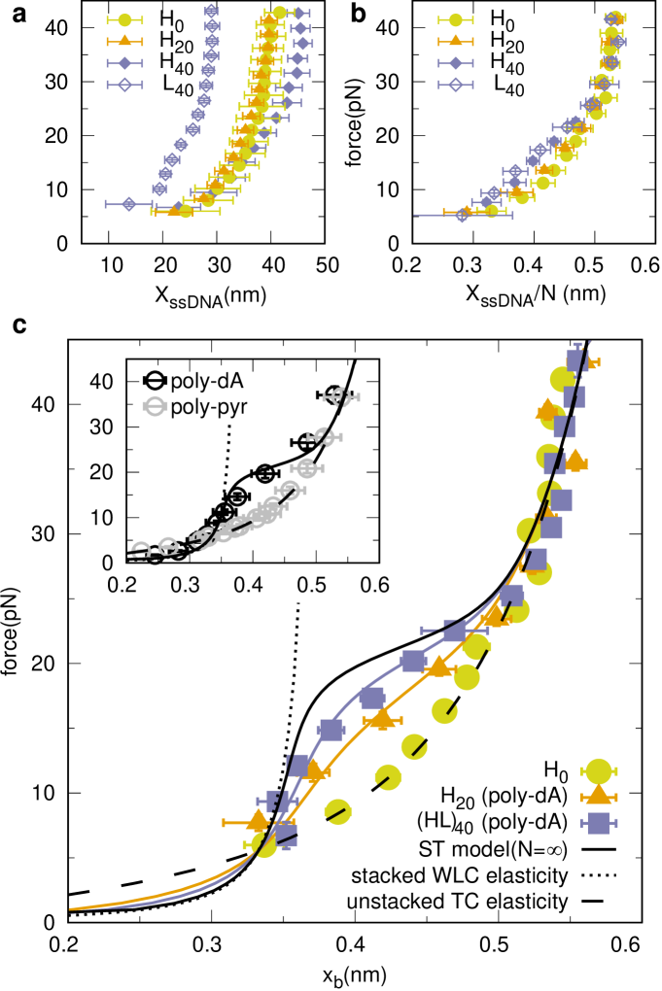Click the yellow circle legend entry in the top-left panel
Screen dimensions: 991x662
point(124,20)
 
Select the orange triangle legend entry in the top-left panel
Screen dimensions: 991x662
point(124,42)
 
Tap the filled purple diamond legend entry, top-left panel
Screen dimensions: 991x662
point(124,63)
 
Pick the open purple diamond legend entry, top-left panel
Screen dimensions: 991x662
point(124,85)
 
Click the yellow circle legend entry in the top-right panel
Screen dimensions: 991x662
point(456,20)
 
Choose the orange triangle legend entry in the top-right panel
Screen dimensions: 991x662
point(456,42)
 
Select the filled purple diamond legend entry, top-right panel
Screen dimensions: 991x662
point(456,63)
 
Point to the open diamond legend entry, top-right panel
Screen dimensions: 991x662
point(456,85)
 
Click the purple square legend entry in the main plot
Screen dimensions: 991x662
point(598,823)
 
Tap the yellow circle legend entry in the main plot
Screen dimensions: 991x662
point(598,771)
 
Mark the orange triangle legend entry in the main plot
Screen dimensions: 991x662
point(598,796)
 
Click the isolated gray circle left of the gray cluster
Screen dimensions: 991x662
point(155,406)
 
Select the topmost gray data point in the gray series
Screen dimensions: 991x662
point(340,396)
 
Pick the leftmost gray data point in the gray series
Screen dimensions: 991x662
point(141,551)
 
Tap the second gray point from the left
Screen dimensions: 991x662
point(168,546)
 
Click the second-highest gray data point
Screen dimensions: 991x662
point(325,436)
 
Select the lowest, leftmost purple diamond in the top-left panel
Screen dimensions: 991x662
point(129,204)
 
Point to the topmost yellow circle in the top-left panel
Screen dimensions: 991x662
point(280,13)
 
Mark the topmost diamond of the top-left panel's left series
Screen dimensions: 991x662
point(211,11)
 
